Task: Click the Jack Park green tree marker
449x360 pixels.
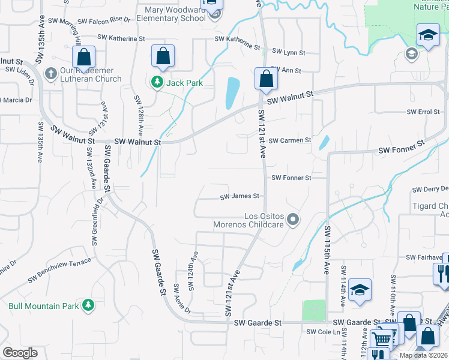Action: coord(157,82)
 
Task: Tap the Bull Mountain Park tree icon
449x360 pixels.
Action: coord(88,305)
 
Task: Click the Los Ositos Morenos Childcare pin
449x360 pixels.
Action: coord(293,220)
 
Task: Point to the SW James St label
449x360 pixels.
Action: coord(239,196)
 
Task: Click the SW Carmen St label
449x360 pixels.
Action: coord(289,140)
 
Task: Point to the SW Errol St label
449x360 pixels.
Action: coord(423,112)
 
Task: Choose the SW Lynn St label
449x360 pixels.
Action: coord(286,52)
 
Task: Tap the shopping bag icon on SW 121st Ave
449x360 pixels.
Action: coord(265,79)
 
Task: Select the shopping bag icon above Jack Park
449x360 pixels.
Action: coord(163,56)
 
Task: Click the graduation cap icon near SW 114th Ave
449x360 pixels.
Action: coord(360,290)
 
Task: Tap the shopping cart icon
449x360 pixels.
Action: coord(381,340)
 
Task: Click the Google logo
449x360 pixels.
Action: coord(20,352)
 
